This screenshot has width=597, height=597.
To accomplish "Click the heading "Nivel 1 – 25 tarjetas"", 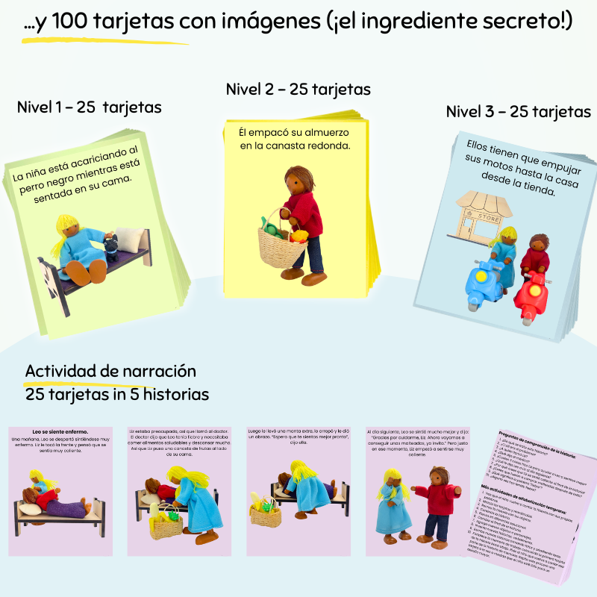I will click(89, 107).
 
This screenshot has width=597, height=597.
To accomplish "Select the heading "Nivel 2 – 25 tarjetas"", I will click(298, 90).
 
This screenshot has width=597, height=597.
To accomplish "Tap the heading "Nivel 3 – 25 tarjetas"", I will click(518, 113).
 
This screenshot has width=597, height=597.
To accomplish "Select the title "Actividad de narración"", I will click(110, 371).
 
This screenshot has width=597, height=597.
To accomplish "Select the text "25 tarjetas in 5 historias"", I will click(116, 393).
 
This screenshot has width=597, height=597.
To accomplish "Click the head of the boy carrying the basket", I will click(299, 183).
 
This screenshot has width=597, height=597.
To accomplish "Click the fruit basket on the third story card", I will click(265, 514).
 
